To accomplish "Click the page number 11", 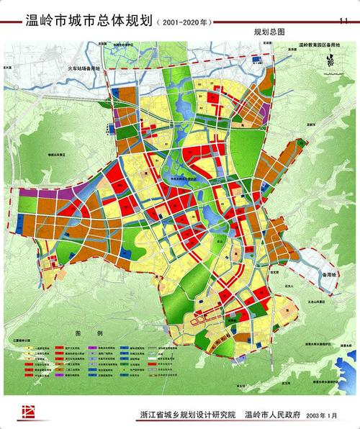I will (x=342, y=19).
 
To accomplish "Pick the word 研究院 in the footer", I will (x=224, y=415).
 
